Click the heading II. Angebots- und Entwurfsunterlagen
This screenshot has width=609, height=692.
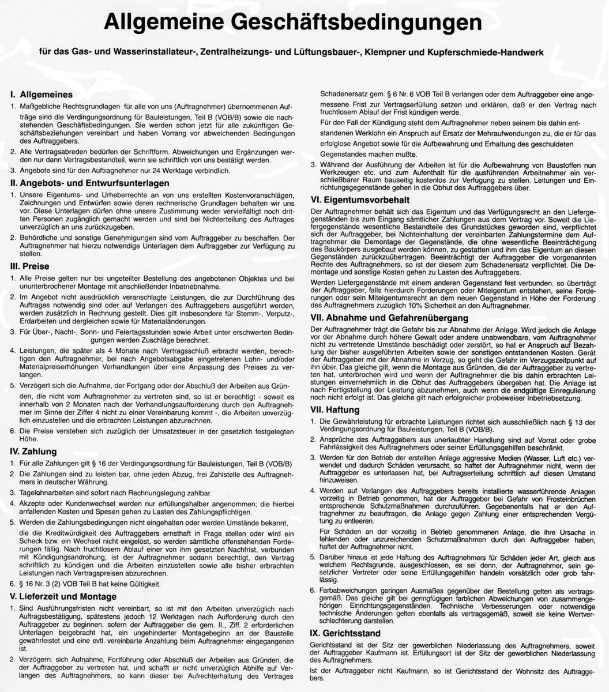(90, 183)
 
